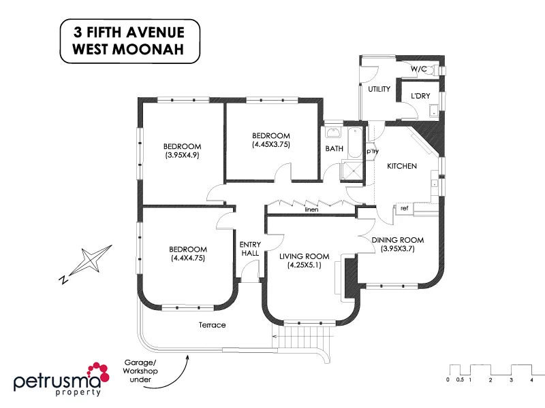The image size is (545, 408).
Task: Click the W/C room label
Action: coord(419,69)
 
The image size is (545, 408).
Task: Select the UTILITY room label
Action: coord(379,89)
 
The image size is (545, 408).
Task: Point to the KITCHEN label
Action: coord(402,166)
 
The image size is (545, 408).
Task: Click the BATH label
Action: coord(334,148)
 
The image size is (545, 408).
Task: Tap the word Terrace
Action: coord(212,325)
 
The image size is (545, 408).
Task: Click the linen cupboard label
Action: coord(312,210)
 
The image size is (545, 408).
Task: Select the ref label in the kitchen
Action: coord(404,208)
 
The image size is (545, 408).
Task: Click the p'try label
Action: coord(373,151)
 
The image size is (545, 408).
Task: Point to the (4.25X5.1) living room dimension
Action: coord(305,265)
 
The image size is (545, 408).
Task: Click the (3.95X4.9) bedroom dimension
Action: coord(182,155)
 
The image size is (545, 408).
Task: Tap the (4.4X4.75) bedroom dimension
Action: coord(187,258)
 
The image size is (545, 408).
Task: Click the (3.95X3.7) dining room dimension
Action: coord(398,249)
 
